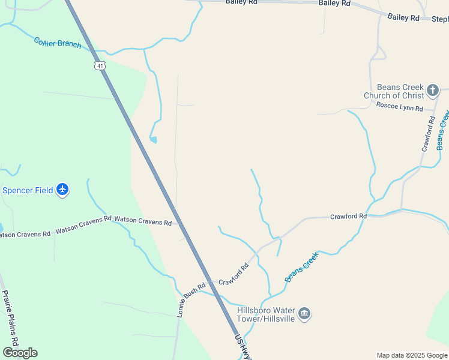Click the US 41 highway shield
tap(100, 64)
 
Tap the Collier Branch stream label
tap(58, 43)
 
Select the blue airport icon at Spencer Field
tap(62, 190)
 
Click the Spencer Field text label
tap(28, 190)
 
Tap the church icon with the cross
tap(433, 91)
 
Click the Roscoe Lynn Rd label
tap(400, 106)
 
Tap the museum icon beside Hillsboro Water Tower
tap(304, 314)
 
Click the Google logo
tap(20, 352)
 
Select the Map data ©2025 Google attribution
tap(412, 355)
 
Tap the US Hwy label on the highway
tap(243, 347)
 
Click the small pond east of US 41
tap(154, 140)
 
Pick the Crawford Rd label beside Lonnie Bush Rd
tap(234, 275)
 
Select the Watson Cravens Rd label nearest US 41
tap(143, 221)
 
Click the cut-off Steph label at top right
tap(440, 19)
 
